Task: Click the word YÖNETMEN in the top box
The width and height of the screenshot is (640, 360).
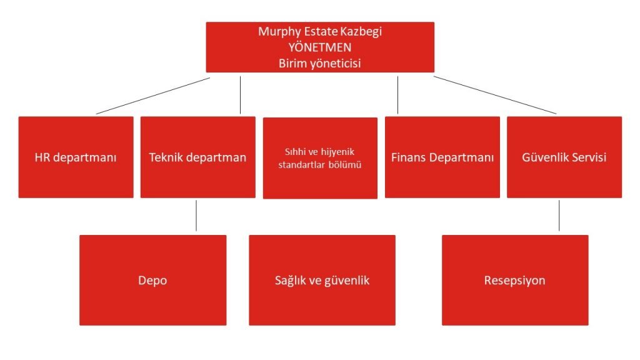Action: (x=319, y=47)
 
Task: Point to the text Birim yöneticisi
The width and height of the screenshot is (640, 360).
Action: (x=319, y=63)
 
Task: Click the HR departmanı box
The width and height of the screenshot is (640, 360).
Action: (x=76, y=157)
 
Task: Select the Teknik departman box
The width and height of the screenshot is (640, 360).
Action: (x=198, y=157)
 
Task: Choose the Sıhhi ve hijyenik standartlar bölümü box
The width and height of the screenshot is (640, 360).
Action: (x=320, y=158)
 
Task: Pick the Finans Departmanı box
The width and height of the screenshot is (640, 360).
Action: (x=442, y=157)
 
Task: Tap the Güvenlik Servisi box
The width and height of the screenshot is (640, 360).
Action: (x=564, y=157)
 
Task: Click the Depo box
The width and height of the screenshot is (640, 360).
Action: (x=153, y=280)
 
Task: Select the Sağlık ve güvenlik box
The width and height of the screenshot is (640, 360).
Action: (x=322, y=280)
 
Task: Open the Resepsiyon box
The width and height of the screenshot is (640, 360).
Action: (x=515, y=280)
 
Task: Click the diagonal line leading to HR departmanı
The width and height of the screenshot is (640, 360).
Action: (x=153, y=96)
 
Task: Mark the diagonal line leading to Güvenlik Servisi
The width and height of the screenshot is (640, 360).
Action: (x=495, y=95)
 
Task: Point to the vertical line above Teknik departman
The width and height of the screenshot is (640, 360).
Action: (x=241, y=95)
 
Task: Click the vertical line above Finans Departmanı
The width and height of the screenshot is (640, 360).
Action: (x=398, y=95)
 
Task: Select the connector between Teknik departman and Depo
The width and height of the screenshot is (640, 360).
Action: (x=196, y=216)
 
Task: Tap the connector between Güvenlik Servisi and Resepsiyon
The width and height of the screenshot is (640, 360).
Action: (x=559, y=216)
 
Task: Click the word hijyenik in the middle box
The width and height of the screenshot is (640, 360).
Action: (x=337, y=152)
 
